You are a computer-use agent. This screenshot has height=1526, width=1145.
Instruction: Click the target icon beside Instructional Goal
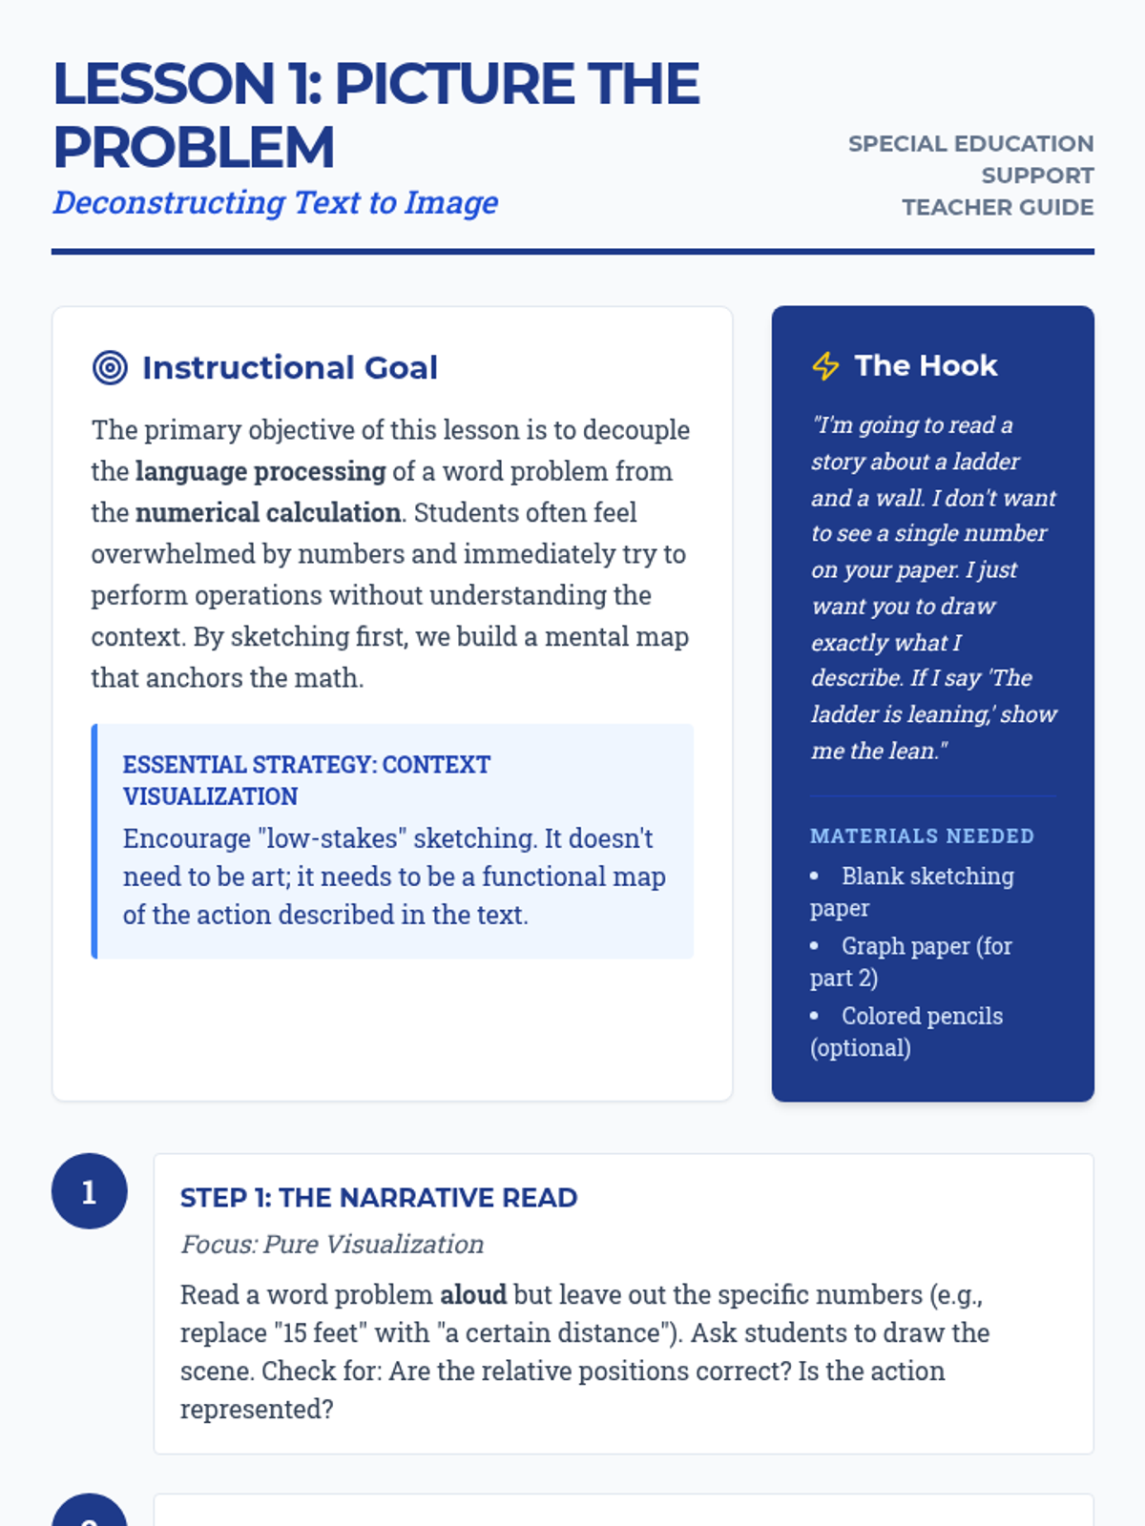click(110, 367)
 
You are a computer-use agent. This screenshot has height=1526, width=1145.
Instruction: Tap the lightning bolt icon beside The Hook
click(825, 365)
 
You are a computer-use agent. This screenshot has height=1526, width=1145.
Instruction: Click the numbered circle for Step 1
click(89, 1191)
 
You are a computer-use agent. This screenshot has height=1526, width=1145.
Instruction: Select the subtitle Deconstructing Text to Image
click(276, 202)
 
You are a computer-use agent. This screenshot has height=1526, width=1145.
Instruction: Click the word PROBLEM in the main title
click(194, 148)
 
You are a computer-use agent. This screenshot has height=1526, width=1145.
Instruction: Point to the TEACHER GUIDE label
click(997, 207)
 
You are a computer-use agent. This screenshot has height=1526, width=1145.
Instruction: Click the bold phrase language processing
click(260, 471)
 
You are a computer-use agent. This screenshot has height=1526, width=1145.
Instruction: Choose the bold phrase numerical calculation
click(268, 512)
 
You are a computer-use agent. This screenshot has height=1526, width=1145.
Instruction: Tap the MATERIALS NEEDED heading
click(922, 835)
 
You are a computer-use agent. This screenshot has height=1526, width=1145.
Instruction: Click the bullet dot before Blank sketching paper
click(814, 876)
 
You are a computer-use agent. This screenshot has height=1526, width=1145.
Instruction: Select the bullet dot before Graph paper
click(814, 945)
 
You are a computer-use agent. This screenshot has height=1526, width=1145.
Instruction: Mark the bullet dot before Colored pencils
click(814, 1016)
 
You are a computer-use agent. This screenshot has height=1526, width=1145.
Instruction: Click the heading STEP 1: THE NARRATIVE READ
click(379, 1197)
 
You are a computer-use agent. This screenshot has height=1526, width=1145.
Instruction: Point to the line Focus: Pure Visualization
click(332, 1244)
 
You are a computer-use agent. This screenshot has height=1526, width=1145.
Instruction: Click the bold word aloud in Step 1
click(472, 1294)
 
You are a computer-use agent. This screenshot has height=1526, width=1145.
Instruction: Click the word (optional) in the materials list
click(861, 1047)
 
